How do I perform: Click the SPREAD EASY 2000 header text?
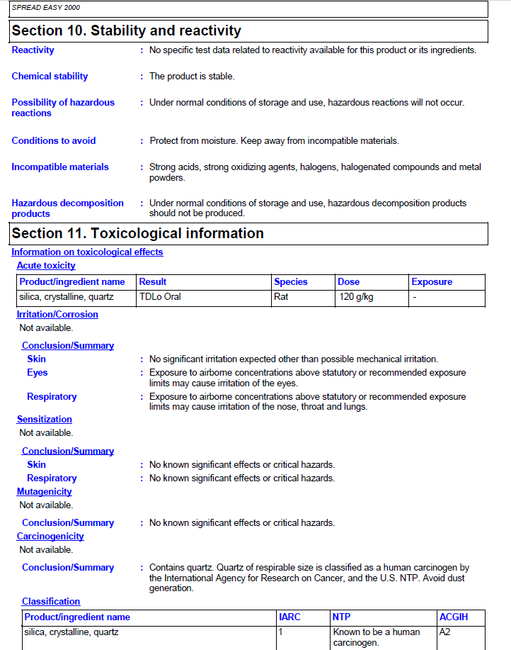coord(46,8)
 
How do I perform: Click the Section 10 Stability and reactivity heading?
coord(127,31)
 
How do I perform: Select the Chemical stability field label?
coord(50,77)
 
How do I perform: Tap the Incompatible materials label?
coord(60,167)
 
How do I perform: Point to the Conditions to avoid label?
coord(54,141)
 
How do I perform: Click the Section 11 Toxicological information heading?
coord(138,233)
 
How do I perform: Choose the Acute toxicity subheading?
coord(46,266)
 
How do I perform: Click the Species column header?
coord(291,282)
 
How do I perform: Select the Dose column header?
coord(349,282)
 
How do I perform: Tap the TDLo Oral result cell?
coord(160,297)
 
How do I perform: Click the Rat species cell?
coord(282,297)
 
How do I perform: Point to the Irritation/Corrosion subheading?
coord(57,315)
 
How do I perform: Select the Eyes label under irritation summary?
coord(38,373)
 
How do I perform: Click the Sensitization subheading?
coord(45,420)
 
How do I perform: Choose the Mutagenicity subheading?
coord(44,492)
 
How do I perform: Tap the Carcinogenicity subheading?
coord(50,537)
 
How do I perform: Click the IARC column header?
coord(289,617)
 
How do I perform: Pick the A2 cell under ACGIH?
coord(445,632)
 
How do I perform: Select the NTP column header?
coord(341,617)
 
